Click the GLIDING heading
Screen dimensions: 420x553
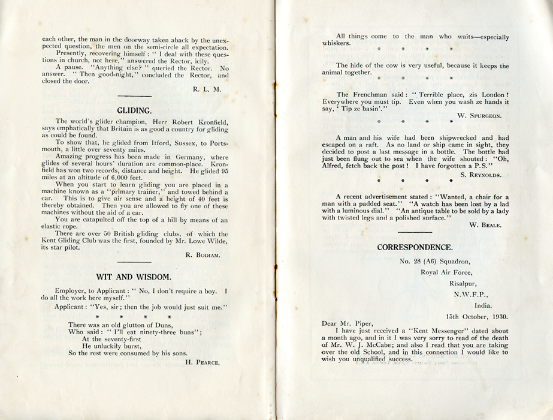(134, 110)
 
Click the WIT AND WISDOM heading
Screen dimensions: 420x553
(134, 277)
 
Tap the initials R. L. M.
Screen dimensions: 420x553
(207, 89)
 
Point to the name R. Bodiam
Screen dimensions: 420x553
(204, 254)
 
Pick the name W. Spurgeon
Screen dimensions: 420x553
(479, 115)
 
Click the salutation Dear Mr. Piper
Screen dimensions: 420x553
(346, 323)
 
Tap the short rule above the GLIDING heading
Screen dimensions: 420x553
(134, 97)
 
